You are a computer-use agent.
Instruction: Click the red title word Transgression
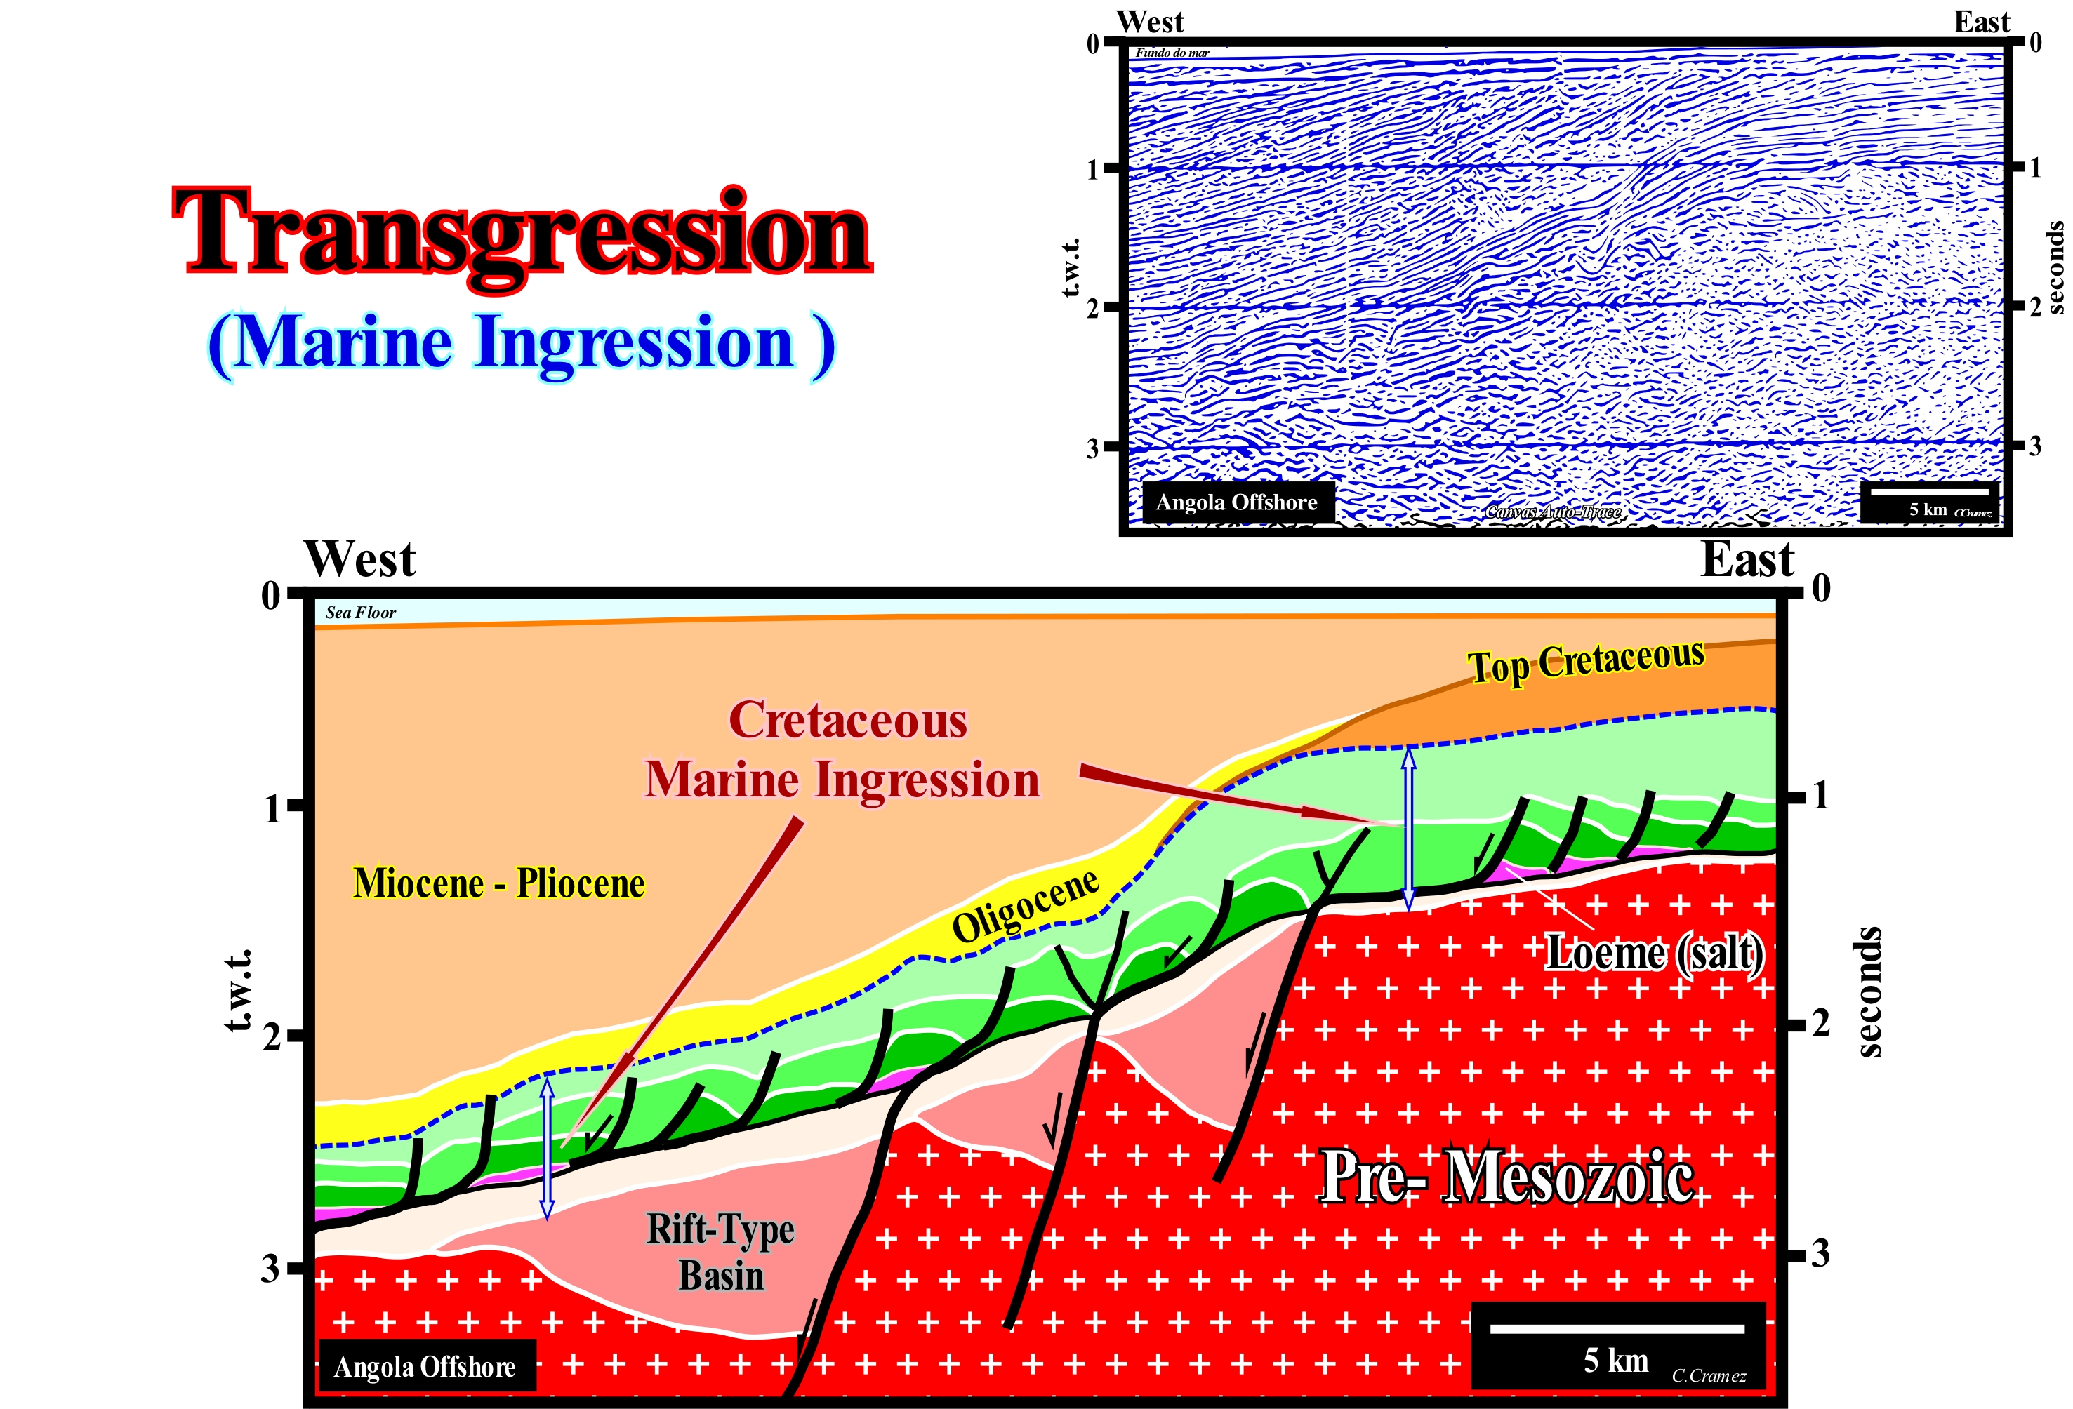(523, 234)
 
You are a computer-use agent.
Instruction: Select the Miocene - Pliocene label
(498, 883)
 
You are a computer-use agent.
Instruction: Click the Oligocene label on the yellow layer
(1026, 905)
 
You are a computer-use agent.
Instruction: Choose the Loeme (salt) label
(1655, 952)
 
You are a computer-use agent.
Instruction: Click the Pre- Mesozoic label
(1506, 1177)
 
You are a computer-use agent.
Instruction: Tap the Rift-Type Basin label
(721, 1251)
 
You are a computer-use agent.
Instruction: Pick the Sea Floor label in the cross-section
(360, 613)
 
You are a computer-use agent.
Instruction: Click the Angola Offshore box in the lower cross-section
(425, 1366)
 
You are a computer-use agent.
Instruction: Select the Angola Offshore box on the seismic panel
(1236, 502)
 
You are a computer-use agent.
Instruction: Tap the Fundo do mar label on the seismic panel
(1172, 53)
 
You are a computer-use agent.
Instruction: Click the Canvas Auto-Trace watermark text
(1553, 512)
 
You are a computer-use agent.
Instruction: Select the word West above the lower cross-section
(360, 560)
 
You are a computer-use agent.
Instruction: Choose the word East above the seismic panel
(1981, 22)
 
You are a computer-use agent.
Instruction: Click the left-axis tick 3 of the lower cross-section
(270, 1267)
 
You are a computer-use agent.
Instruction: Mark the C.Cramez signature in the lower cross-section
(1708, 1376)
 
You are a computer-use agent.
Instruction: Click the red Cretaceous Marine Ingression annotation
(844, 750)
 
